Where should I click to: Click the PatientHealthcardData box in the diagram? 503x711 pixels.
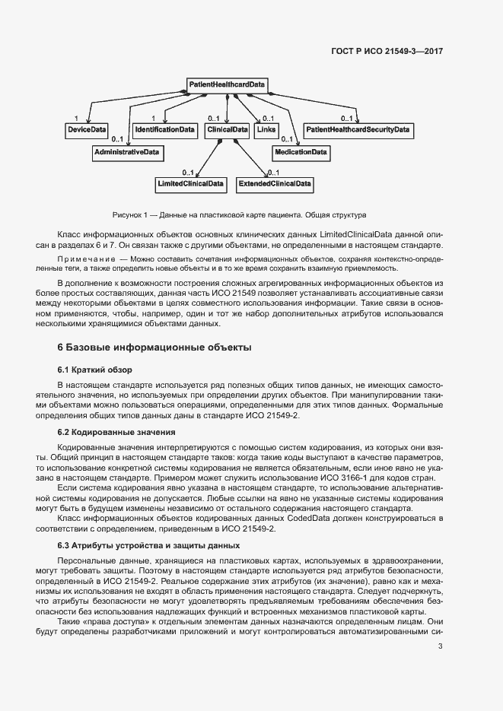[227, 84]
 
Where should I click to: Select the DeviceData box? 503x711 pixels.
[87, 130]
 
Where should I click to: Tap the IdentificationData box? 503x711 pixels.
[165, 130]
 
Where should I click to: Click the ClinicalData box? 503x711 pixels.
[228, 130]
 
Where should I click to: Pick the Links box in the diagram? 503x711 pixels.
[266, 130]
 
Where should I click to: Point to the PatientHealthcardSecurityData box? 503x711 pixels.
[358, 130]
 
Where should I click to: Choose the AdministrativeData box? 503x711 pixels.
[126, 153]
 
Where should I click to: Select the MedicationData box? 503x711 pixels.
[301, 153]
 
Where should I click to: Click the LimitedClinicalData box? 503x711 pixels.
[190, 184]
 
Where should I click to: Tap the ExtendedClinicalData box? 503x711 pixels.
[275, 184]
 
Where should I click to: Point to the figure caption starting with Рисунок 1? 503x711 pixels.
[239, 214]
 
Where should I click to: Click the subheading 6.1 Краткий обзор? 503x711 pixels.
[95, 370]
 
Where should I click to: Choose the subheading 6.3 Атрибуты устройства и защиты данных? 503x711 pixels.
[138, 545]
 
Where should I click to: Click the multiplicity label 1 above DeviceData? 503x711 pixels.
[76, 119]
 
